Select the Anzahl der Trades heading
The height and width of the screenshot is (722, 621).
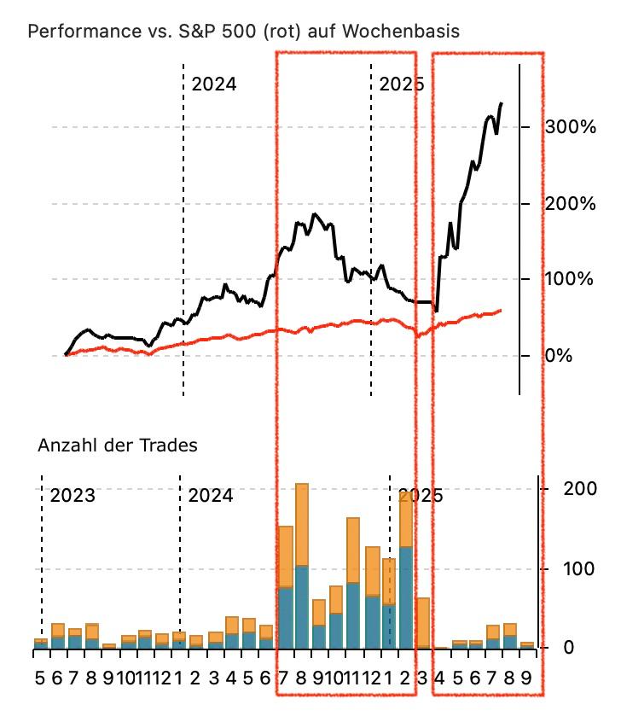(x=117, y=445)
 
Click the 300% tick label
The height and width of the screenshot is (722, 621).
(x=570, y=128)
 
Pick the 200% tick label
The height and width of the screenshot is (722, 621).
(x=570, y=204)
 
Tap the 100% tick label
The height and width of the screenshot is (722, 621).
(x=570, y=280)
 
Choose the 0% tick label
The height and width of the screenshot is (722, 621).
(x=559, y=355)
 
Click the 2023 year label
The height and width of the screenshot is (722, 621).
(x=73, y=496)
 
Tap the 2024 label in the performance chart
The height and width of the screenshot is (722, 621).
(x=213, y=84)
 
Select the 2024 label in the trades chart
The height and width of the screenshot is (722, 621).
(x=210, y=496)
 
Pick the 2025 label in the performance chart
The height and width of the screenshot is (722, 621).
(x=401, y=84)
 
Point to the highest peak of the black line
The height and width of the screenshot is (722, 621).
(x=501, y=104)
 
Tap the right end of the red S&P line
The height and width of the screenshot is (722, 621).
(x=501, y=311)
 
